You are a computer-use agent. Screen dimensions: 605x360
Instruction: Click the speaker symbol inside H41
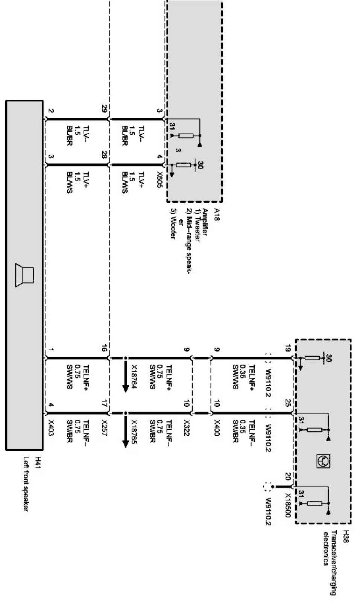point(25,276)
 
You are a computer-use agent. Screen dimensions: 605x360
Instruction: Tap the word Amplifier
point(205,222)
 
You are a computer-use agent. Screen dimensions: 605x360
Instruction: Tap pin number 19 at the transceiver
point(288,350)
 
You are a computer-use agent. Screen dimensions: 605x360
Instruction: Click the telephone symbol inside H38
point(323,460)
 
